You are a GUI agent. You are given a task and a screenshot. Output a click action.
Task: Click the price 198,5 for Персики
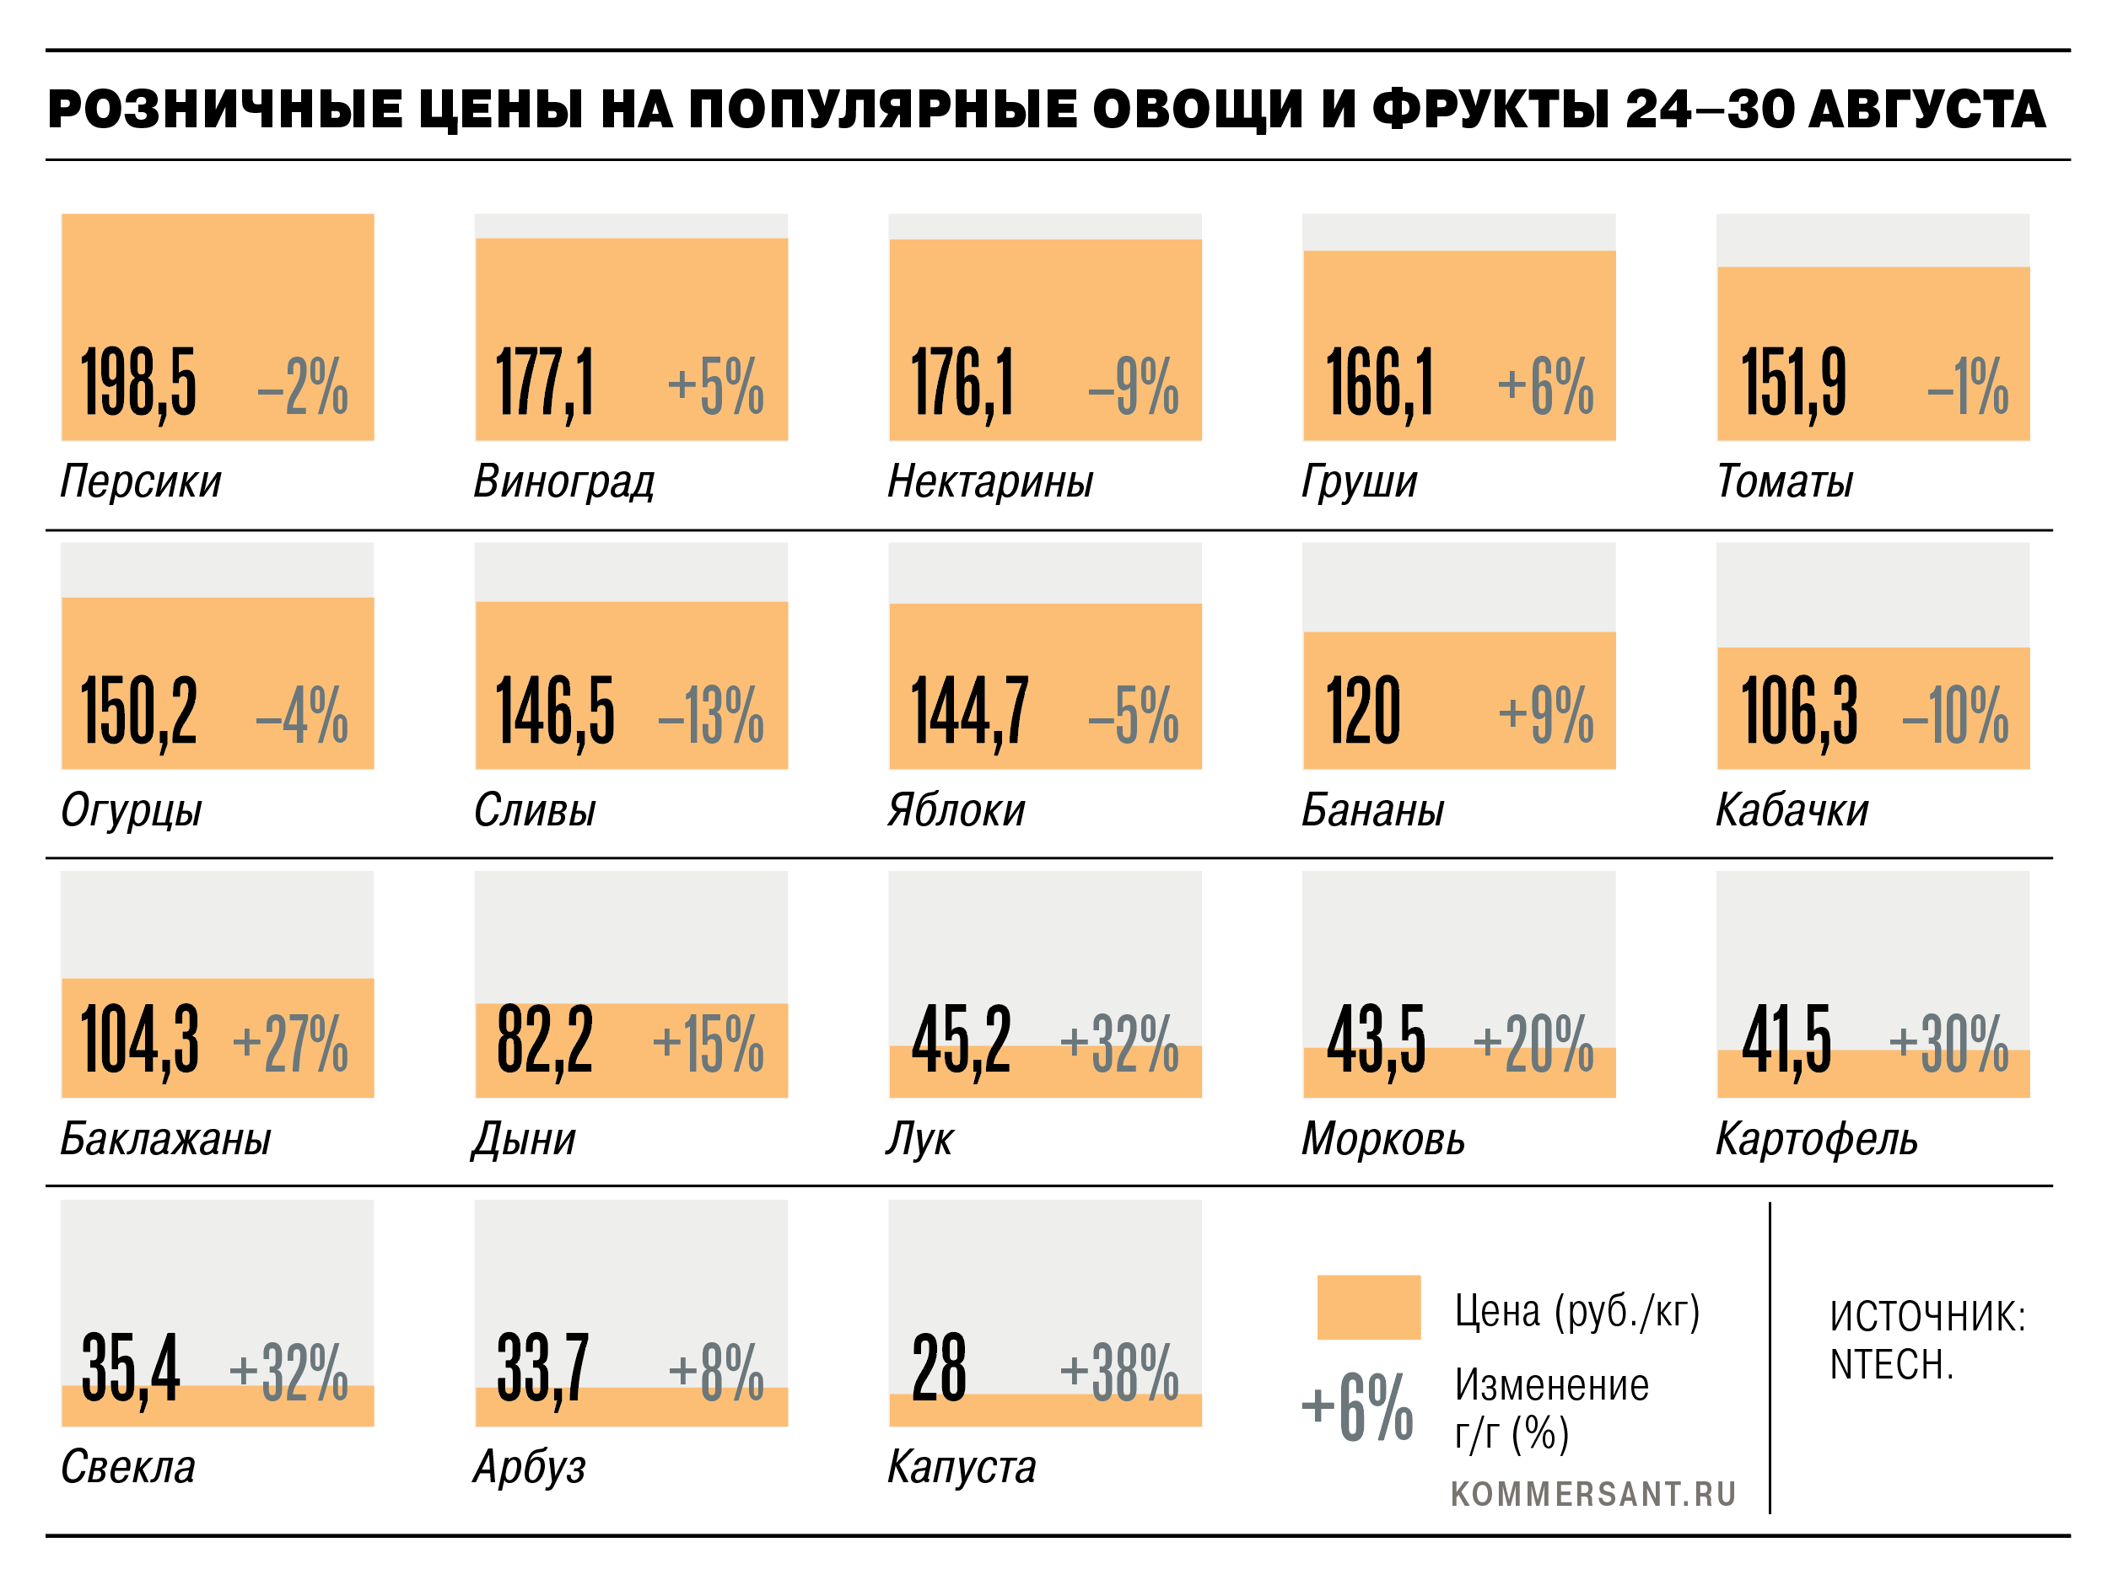[139, 384]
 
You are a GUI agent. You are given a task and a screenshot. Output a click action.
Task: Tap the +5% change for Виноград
[715, 385]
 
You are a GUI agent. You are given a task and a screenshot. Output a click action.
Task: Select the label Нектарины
[989, 481]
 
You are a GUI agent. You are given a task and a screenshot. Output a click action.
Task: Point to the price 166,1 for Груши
[1379, 384]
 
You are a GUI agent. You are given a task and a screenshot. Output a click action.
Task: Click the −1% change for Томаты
[1968, 385]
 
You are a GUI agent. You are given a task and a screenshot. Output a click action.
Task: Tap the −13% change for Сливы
[710, 714]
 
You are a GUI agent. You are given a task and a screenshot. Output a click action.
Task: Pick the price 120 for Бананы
[1363, 711]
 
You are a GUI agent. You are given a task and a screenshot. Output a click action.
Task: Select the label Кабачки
[1792, 809]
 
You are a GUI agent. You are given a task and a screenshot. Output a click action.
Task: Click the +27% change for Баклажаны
[290, 1044]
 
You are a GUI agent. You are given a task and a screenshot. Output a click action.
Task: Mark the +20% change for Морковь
[1533, 1044]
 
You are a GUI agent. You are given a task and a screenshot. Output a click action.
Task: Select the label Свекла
[127, 1467]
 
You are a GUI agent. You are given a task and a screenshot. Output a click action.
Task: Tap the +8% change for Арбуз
[716, 1373]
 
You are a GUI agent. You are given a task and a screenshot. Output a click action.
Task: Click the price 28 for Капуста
[939, 1368]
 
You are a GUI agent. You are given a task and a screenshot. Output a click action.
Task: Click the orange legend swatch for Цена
[1369, 1308]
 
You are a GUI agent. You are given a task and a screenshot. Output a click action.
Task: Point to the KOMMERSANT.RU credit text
[1593, 1494]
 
